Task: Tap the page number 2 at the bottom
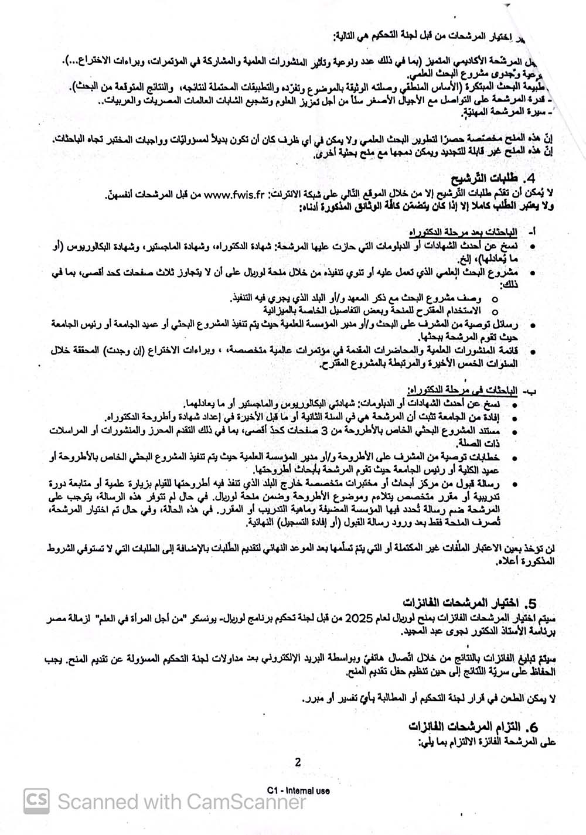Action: pyautogui.click(x=298, y=762)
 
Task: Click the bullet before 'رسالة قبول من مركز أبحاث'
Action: pyautogui.click(x=514, y=484)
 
